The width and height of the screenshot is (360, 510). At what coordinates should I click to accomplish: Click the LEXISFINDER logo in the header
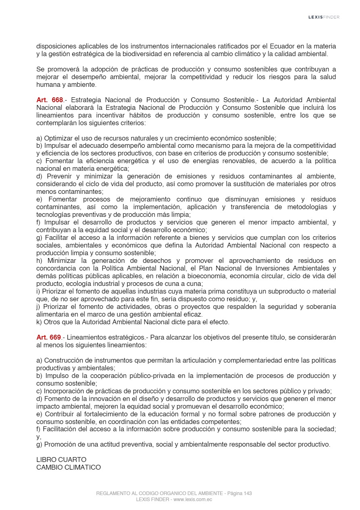click(324, 17)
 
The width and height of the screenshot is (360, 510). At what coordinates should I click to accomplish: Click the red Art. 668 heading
click(50, 100)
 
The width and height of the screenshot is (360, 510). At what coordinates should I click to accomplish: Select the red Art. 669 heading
click(48, 337)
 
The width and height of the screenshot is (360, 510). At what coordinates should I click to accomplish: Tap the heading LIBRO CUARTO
click(61, 460)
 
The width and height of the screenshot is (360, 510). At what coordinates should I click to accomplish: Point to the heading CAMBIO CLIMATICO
click(69, 467)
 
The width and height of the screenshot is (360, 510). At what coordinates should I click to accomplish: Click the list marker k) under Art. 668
click(39, 322)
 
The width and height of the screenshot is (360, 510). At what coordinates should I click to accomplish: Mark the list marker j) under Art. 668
click(38, 307)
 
